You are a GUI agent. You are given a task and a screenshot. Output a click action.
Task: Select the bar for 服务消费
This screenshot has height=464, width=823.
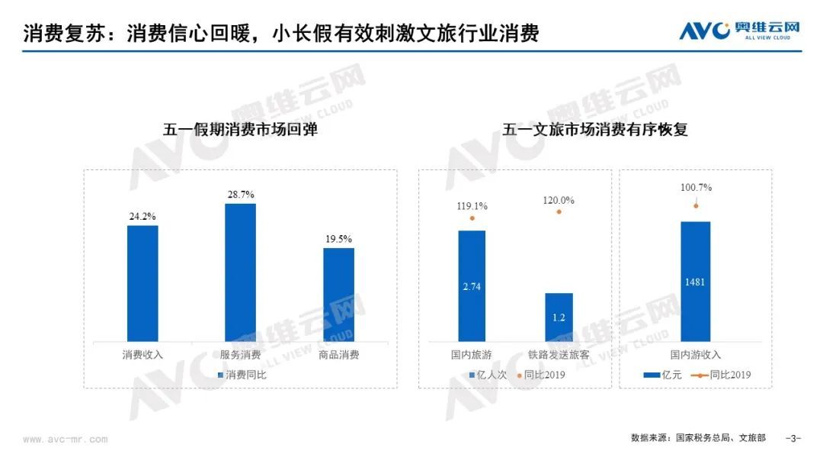pyautogui.click(x=240, y=272)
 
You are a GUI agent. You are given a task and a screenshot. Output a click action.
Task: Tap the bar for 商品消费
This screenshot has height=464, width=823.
pyautogui.click(x=338, y=294)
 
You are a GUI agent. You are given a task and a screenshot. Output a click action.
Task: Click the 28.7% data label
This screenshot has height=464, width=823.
pyautogui.click(x=240, y=195)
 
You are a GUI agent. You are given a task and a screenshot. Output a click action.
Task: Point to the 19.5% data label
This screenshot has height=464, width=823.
pyautogui.click(x=338, y=239)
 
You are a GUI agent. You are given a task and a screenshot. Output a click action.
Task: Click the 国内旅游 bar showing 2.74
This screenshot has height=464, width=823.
pyautogui.click(x=472, y=285)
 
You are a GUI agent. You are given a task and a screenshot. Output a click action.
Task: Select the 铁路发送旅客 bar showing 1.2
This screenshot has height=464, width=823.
pyautogui.click(x=559, y=317)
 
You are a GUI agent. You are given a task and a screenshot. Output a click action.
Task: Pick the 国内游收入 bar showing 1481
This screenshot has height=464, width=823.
pyautogui.click(x=695, y=281)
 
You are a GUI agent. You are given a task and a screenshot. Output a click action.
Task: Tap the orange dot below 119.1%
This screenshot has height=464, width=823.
pyautogui.click(x=472, y=219)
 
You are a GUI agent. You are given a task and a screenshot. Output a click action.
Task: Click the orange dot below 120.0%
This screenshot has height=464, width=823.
pyautogui.click(x=559, y=211)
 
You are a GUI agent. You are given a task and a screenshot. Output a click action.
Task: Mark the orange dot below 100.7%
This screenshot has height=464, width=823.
pyautogui.click(x=695, y=205)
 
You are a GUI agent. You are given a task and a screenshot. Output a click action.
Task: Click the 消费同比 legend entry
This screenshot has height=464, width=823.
pyautogui.click(x=242, y=375)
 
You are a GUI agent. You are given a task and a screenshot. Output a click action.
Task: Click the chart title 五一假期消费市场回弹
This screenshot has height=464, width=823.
pyautogui.click(x=240, y=130)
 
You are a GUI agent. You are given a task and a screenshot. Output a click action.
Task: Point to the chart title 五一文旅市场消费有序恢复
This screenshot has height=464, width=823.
pyautogui.click(x=595, y=130)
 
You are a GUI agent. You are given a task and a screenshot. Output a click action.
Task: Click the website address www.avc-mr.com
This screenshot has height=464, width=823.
pyautogui.click(x=66, y=440)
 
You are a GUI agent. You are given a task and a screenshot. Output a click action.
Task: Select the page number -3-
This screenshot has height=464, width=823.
pyautogui.click(x=793, y=439)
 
